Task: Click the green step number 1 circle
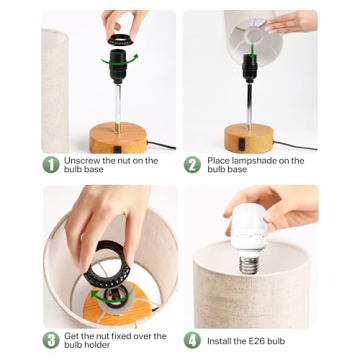(50, 165)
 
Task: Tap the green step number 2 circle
(193, 165)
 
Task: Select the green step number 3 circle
(50, 340)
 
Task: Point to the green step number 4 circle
(193, 340)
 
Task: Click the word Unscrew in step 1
(80, 160)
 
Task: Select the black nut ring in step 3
(95, 270)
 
